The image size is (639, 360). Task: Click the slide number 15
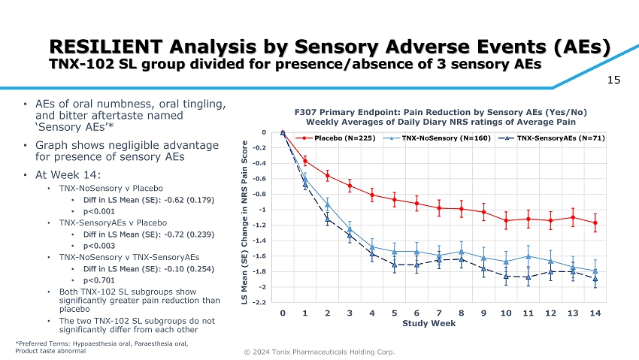pyautogui.click(x=613, y=77)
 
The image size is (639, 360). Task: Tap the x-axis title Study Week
pyautogui.click(x=429, y=323)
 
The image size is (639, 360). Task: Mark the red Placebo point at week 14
pyautogui.click(x=595, y=223)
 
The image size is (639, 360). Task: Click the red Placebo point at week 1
pyautogui.click(x=305, y=161)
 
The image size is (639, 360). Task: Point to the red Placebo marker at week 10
pyautogui.click(x=506, y=220)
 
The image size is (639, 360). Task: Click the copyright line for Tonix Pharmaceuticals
pyautogui.click(x=319, y=352)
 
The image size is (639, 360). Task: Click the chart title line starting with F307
pyautogui.click(x=441, y=111)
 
